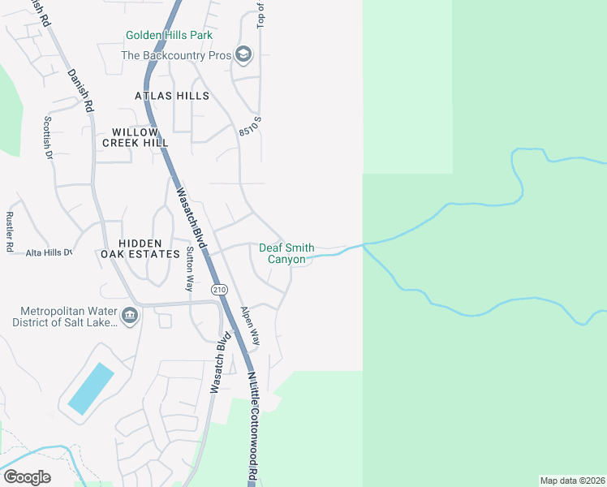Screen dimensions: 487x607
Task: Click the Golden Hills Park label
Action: point(169,35)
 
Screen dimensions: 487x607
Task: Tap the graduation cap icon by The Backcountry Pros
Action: point(243,55)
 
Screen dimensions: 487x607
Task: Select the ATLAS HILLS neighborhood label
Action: point(172,96)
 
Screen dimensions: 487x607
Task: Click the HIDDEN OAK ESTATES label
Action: point(149,248)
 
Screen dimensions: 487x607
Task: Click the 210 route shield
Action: point(218,290)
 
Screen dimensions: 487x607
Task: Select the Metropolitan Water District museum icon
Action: point(129,315)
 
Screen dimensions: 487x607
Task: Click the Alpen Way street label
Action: point(249,326)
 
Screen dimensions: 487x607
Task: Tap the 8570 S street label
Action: point(251,127)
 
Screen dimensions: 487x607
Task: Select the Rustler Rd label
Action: point(10,232)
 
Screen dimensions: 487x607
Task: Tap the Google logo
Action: point(27,477)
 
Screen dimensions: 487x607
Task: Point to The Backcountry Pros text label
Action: point(175,55)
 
